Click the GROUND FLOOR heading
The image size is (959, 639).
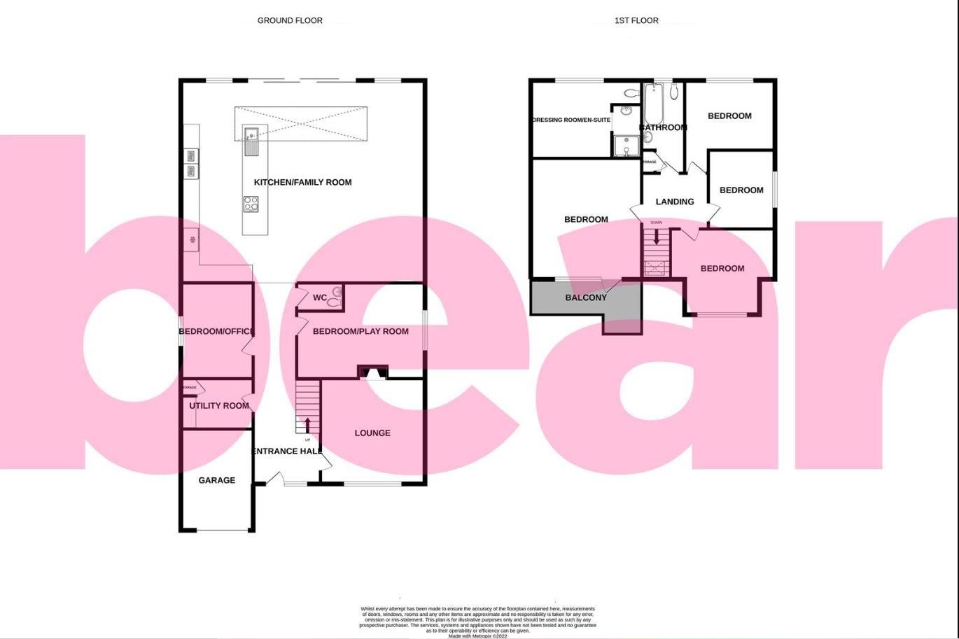coord(290,20)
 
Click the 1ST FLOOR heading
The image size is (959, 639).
coord(636,20)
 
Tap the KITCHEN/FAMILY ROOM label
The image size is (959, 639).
coord(302,182)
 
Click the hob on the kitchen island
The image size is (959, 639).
coord(251,204)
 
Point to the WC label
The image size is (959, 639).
coord(320,297)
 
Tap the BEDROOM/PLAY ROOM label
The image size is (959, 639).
coord(360,331)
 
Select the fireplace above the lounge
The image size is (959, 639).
coord(373,372)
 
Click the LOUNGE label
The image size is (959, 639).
coord(372,433)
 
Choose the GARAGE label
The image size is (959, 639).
coord(216,480)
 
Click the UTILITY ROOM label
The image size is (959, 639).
coord(219,406)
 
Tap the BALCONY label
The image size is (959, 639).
coord(586,297)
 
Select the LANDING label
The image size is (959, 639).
coord(675,202)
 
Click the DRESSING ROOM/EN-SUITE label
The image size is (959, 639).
coord(571,120)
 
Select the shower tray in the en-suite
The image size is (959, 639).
coord(623,146)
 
